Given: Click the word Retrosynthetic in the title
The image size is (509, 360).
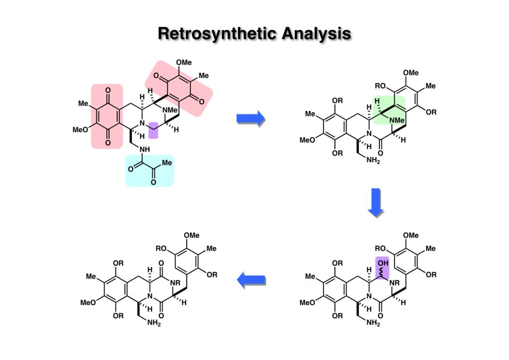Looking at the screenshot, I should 214,33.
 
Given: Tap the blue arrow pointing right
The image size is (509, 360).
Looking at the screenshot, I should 251,118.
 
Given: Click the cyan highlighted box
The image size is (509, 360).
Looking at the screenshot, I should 149,171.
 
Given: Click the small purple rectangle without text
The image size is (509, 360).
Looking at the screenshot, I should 153,130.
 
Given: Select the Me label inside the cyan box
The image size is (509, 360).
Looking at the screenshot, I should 168,163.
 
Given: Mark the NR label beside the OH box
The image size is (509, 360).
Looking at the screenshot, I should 396,282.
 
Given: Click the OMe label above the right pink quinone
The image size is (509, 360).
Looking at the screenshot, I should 184,62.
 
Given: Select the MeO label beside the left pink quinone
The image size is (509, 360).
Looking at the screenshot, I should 81,130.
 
